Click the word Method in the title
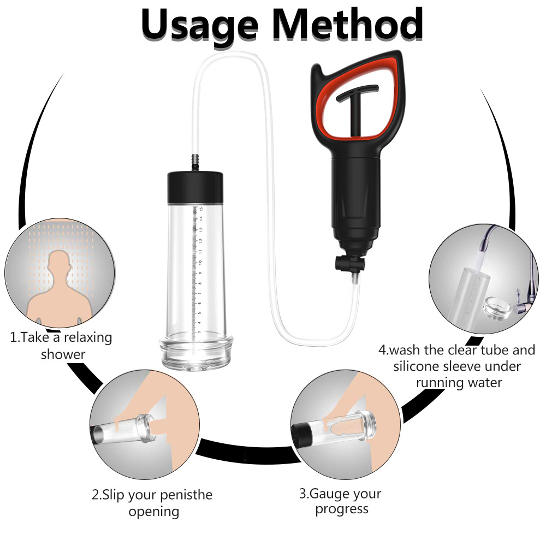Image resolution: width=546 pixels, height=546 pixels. [x=347, y=23]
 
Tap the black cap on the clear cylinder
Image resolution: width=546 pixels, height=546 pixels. [x=195, y=187]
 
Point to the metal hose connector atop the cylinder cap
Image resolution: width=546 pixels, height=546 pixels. [x=195, y=163]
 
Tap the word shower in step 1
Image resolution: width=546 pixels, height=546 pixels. [x=63, y=354]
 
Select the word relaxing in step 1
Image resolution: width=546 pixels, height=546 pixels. [x=88, y=337]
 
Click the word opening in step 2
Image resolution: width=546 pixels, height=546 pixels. [x=154, y=512]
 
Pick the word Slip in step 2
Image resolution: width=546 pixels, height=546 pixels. [x=113, y=495]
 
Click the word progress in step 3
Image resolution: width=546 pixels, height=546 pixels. [x=342, y=509]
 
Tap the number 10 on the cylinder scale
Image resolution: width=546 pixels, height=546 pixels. [x=200, y=262]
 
